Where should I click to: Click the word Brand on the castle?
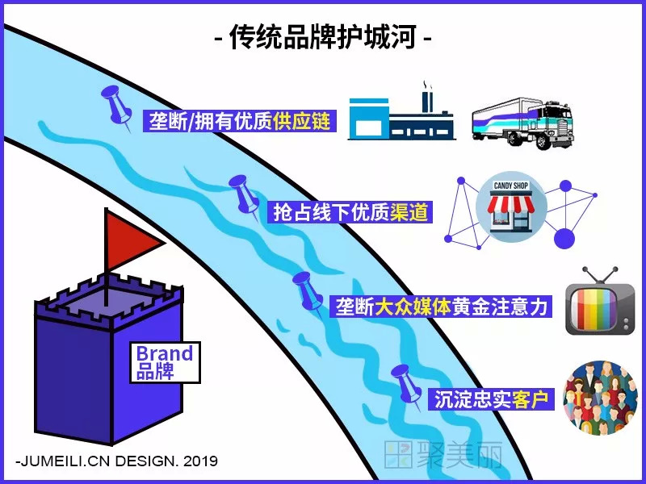pyautogui.click(x=164, y=353)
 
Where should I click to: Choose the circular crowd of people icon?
pyautogui.click(x=600, y=397)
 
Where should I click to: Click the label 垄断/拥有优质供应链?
pyautogui.click(x=240, y=120)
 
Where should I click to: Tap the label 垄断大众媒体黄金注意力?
pyautogui.click(x=441, y=307)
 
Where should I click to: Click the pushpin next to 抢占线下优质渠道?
pyautogui.click(x=242, y=194)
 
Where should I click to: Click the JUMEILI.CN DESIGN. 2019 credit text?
pyautogui.click(x=116, y=461)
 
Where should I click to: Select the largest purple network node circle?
pyautogui.click(x=563, y=237)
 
